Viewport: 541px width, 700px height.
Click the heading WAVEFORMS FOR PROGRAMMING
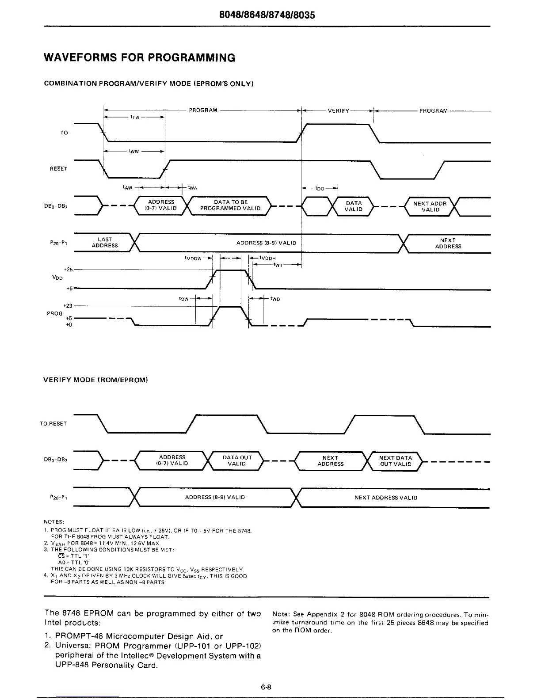tap(140, 58)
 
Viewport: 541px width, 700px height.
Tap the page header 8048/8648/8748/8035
tap(270, 15)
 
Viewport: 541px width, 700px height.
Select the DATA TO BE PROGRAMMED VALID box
tap(230, 205)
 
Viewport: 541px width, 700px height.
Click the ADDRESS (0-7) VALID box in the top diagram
tap(162, 205)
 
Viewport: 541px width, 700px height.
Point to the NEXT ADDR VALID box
tap(430, 206)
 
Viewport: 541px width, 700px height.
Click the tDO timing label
tap(320, 189)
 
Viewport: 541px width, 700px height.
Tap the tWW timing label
tap(133, 151)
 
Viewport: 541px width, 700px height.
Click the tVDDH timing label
tap(268, 258)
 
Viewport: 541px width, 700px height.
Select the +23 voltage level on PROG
tap(68, 305)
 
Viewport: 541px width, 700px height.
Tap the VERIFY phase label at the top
tap(338, 111)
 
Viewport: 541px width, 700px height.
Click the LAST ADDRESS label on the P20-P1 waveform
tap(105, 243)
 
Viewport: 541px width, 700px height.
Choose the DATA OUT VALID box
tap(237, 460)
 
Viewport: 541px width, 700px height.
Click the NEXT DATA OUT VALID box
tap(396, 461)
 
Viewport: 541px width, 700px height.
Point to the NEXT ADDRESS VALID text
tap(386, 498)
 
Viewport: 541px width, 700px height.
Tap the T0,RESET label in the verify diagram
tap(53, 424)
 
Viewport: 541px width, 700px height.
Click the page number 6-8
tap(266, 687)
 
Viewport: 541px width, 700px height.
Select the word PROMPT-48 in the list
tap(83, 637)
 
